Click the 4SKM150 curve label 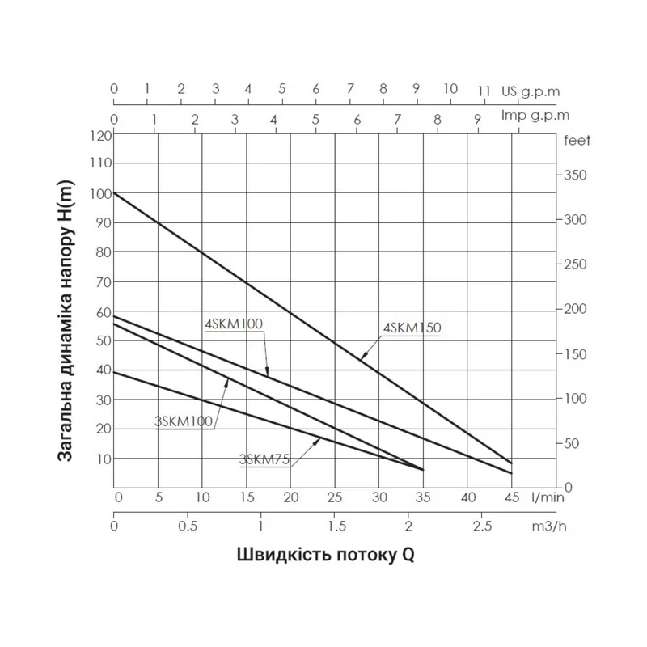pos(410,328)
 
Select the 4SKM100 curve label pos(234,323)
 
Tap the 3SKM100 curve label pos(183,420)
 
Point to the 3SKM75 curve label pos(265,459)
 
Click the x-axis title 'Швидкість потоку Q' pos(329,556)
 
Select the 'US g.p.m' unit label pos(531,90)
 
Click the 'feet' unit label pos(577,141)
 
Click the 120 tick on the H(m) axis pos(102,135)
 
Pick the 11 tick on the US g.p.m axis pos(484,90)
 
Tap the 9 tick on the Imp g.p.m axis pos(477,119)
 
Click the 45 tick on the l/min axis pos(511,497)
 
